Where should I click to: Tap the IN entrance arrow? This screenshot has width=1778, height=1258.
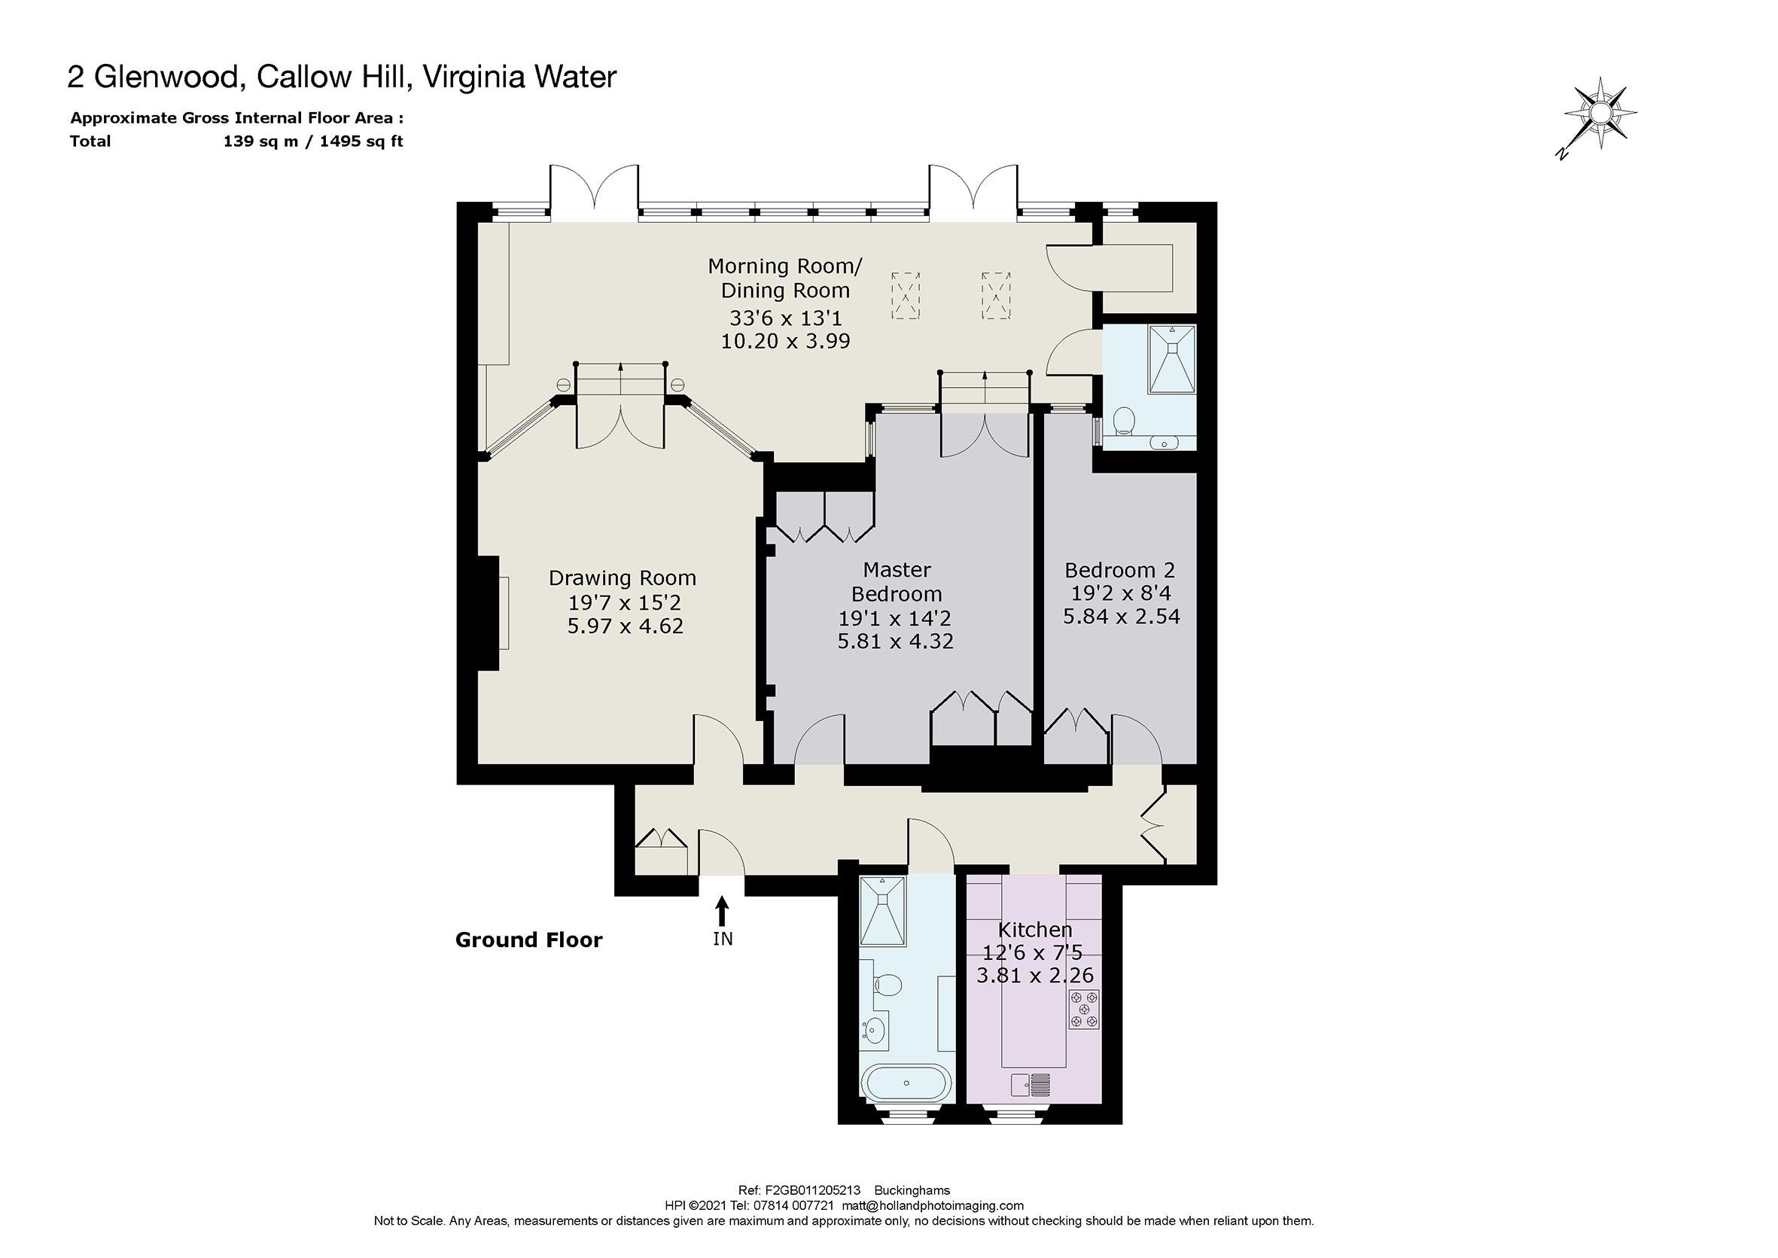tap(722, 911)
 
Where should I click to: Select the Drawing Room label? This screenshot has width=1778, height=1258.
tap(623, 578)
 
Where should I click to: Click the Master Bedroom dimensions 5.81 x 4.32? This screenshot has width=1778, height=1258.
tap(895, 641)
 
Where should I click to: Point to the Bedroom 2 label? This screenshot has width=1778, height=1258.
tap(1120, 570)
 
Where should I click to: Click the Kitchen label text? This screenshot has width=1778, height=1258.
tap(1034, 930)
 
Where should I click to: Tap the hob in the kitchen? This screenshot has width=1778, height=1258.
tap(1084, 1010)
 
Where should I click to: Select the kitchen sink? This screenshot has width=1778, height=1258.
tap(1030, 1086)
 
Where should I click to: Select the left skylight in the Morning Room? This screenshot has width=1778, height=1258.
tap(906, 295)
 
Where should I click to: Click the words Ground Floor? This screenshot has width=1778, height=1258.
tap(529, 940)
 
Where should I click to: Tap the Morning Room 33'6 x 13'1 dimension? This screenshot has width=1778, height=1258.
tap(785, 318)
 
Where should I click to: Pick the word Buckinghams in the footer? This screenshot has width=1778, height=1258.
tap(912, 1190)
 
